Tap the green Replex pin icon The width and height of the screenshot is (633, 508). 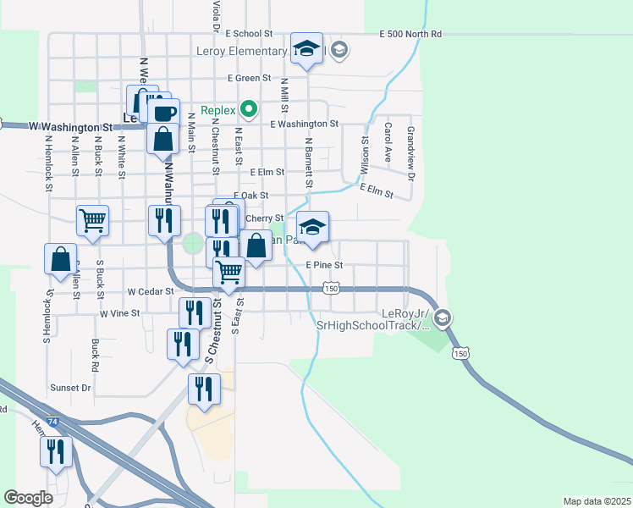(249, 108)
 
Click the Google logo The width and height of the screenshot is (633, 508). (28, 498)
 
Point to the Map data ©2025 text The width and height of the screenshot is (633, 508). (597, 501)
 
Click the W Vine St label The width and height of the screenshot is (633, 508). (119, 313)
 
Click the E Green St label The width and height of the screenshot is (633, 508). (248, 79)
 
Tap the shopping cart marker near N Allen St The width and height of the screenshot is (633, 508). (92, 221)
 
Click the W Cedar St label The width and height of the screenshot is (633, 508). (148, 290)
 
